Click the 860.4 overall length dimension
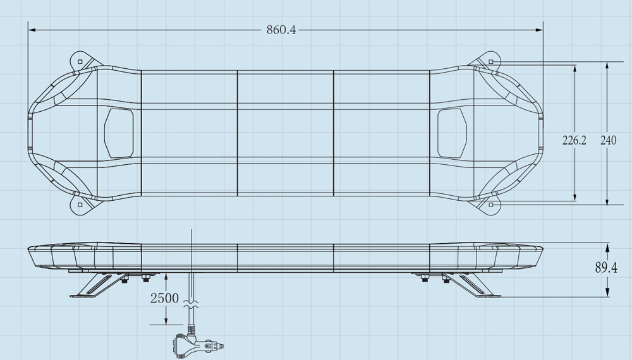tap(281, 30)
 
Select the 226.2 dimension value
tap(574, 140)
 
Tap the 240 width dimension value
tap(608, 140)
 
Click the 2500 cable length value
tap(164, 298)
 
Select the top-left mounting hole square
tap(80, 61)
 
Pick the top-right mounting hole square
tap(491, 61)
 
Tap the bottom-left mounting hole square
tap(80, 205)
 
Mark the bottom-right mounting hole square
tap(491, 205)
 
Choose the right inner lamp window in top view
tap(452, 133)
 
